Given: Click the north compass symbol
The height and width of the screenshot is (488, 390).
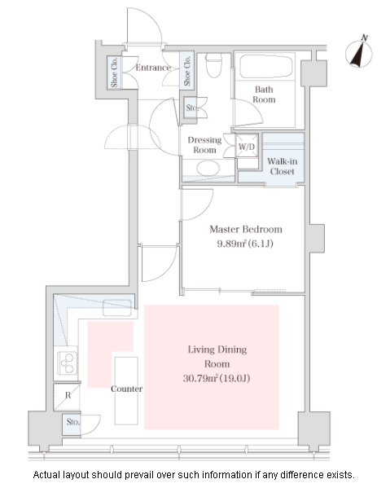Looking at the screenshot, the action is click(359, 52).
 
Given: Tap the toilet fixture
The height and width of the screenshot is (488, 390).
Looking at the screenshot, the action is click(214, 65).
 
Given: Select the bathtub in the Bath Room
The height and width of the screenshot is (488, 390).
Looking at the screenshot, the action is click(266, 67).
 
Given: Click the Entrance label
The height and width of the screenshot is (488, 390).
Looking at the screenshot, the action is click(153, 68).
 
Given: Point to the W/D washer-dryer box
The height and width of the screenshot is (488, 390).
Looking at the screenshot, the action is click(247, 146).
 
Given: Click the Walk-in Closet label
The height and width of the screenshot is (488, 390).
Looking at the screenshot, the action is click(282, 166).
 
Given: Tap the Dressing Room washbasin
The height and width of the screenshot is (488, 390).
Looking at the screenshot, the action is click(208, 168).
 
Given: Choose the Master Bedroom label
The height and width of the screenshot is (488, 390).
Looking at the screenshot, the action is click(246, 230).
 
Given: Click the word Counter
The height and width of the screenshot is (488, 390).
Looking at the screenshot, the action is click(126, 389).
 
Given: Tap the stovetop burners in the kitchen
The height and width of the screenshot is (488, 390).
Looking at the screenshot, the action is click(68, 363).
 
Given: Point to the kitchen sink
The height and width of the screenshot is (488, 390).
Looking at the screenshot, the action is click(117, 307).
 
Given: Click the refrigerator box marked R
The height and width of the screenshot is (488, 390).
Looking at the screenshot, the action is click(67, 397).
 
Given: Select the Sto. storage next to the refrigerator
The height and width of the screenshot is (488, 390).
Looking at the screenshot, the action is click(72, 424).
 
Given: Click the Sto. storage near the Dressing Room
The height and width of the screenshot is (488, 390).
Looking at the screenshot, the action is click(191, 108).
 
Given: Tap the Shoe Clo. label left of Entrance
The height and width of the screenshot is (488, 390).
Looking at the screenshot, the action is click(114, 73).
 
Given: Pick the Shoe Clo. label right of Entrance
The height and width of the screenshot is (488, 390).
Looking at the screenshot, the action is click(187, 70).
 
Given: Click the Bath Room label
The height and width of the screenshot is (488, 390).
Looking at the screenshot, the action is click(264, 95).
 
